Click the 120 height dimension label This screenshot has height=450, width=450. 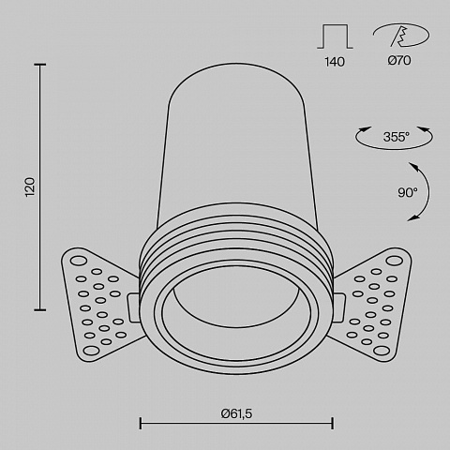tap(30, 187)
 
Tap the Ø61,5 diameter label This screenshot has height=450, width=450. tap(236, 413)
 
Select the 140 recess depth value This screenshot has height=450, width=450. tap(335, 62)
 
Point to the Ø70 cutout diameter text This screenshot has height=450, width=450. tap(399, 60)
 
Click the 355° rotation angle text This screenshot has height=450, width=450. tap(397, 137)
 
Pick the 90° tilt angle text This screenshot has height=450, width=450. tap(408, 192)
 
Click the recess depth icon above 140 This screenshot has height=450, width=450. tap(335, 37)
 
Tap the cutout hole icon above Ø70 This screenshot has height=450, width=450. tap(401, 35)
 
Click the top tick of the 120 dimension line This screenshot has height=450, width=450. tap(40, 65)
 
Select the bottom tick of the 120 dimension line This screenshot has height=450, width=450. tap(40, 310)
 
